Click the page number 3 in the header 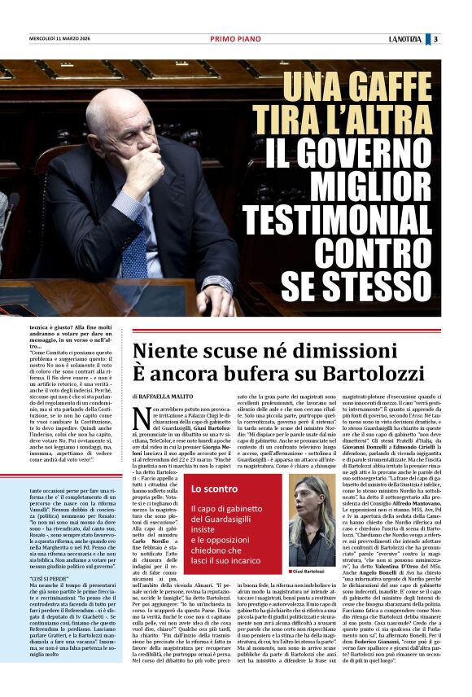tap(436, 38)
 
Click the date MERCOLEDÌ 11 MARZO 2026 tap(68, 38)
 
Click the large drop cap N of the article tap(140, 417)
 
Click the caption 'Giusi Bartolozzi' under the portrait tap(309, 572)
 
